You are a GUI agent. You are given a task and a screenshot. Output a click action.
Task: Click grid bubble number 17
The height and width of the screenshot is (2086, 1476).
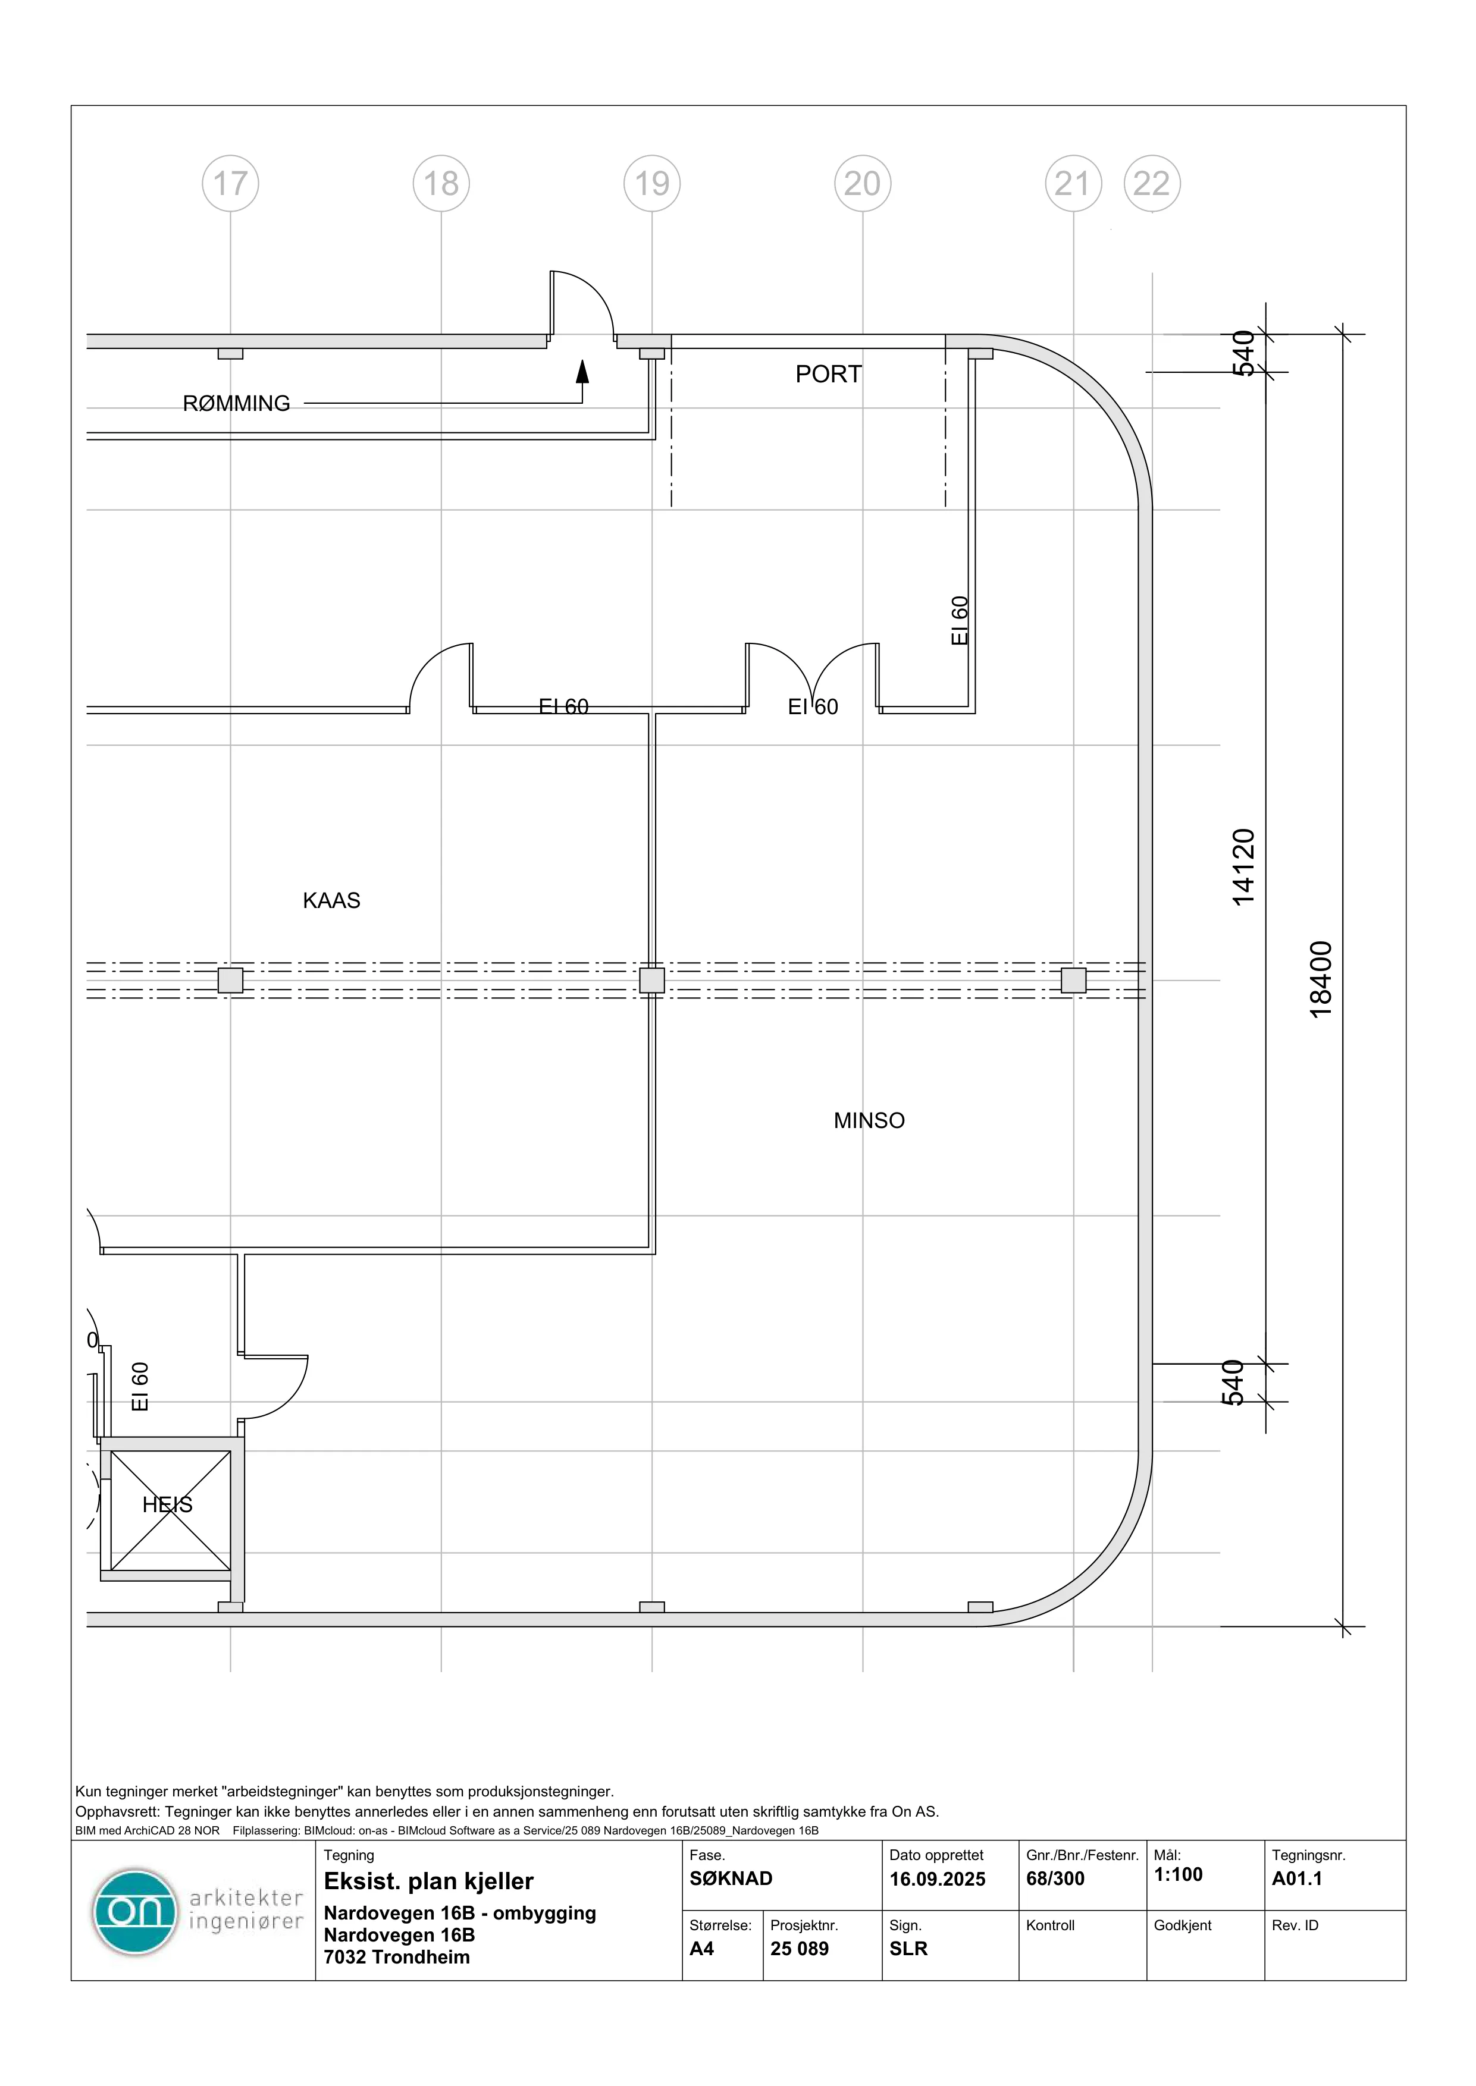(230, 184)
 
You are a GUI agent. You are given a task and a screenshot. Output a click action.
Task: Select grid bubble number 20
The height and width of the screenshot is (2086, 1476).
(863, 184)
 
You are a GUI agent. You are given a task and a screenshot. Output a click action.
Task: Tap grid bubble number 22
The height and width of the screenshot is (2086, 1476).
(1152, 184)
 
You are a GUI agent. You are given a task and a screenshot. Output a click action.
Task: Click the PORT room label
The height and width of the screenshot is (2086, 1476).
(828, 374)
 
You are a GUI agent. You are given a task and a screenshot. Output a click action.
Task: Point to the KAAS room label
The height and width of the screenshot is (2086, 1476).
(332, 900)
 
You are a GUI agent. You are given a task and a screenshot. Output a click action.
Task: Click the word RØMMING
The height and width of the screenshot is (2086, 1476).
(236, 403)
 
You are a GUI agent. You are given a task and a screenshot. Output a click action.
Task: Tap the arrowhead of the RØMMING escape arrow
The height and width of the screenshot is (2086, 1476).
(582, 370)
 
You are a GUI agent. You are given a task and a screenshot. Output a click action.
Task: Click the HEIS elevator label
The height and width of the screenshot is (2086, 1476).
(167, 1504)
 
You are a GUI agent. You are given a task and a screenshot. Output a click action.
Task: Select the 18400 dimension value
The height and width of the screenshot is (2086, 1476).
(1321, 979)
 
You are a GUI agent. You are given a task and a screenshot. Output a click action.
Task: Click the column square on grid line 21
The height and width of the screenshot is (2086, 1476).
(1073, 981)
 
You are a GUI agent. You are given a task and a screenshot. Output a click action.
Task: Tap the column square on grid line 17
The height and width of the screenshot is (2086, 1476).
(230, 981)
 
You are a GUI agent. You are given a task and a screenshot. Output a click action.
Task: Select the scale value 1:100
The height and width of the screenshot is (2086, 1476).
(1178, 1874)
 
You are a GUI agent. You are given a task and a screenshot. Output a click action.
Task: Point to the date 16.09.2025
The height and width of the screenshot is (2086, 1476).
(937, 1879)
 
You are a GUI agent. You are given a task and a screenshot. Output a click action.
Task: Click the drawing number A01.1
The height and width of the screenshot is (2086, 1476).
(1297, 1879)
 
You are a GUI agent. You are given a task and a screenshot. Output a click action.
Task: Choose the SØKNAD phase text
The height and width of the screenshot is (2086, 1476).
(731, 1879)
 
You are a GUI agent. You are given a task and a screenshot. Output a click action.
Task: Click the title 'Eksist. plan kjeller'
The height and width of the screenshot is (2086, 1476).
(428, 1881)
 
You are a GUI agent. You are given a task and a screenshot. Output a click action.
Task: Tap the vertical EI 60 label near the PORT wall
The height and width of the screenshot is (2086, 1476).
(960, 621)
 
